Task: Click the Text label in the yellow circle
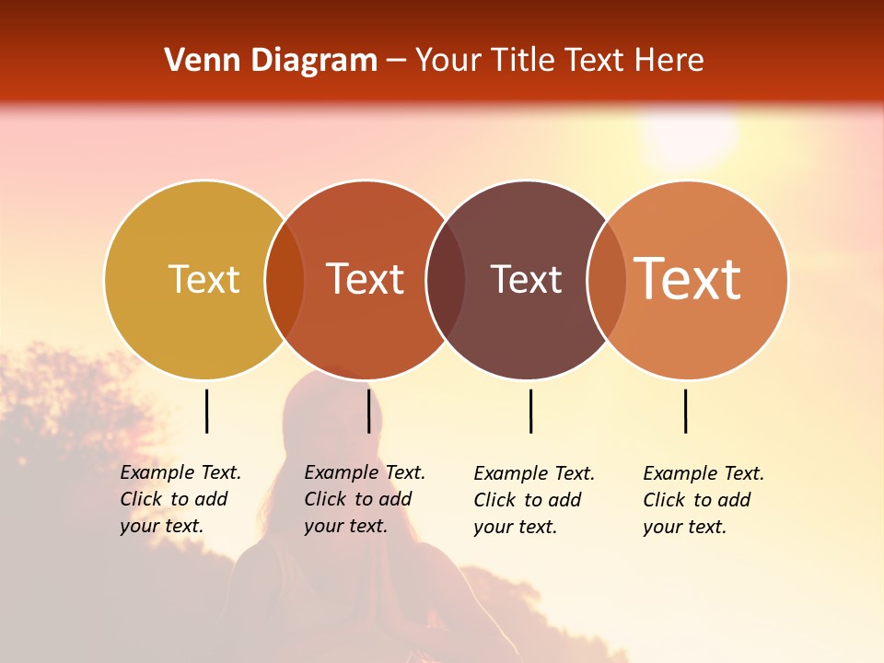pyautogui.click(x=204, y=279)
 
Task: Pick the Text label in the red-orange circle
pyautogui.click(x=366, y=279)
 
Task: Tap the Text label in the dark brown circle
pyautogui.click(x=526, y=279)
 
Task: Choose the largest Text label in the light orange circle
pyautogui.click(x=688, y=279)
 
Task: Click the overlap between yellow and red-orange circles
pyautogui.click(x=285, y=280)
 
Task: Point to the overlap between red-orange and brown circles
pyautogui.click(x=446, y=280)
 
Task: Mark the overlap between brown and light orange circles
pyautogui.click(x=607, y=280)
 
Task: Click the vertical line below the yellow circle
pyautogui.click(x=206, y=411)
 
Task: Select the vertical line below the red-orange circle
pyautogui.click(x=368, y=411)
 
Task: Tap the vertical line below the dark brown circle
pyautogui.click(x=530, y=411)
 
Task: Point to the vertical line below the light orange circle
pyautogui.click(x=685, y=411)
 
